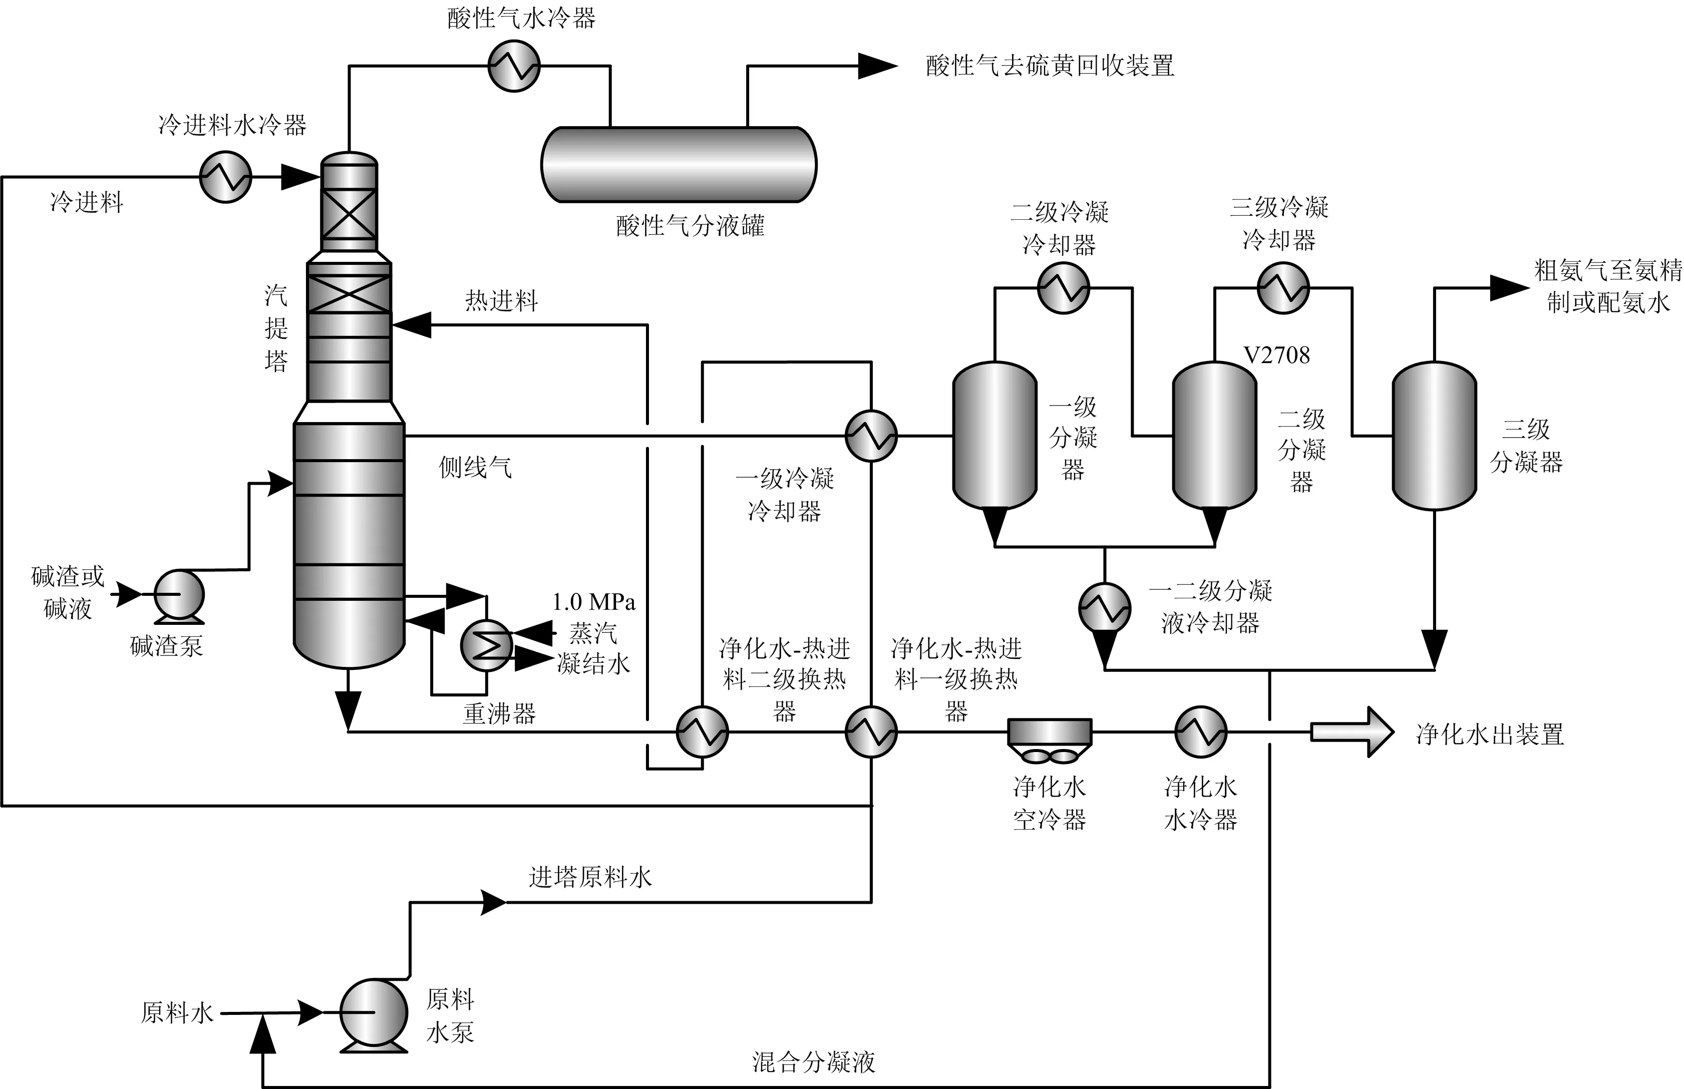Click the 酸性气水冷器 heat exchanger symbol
(x=514, y=66)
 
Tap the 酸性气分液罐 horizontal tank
(x=679, y=165)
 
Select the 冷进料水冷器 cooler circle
(x=226, y=177)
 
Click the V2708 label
(x=1276, y=355)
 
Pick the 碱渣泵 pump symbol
(x=179, y=596)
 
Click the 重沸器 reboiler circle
(x=486, y=644)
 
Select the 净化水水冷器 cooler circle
(x=1200, y=732)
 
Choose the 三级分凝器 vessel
(x=1434, y=436)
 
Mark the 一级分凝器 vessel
(x=994, y=436)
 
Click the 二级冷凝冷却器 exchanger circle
(x=1063, y=288)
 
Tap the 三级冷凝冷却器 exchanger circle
(x=1283, y=288)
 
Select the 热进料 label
(x=501, y=301)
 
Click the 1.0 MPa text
(x=593, y=602)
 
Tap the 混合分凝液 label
(x=813, y=1061)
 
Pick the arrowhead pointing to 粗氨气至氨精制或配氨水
(x=1509, y=288)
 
